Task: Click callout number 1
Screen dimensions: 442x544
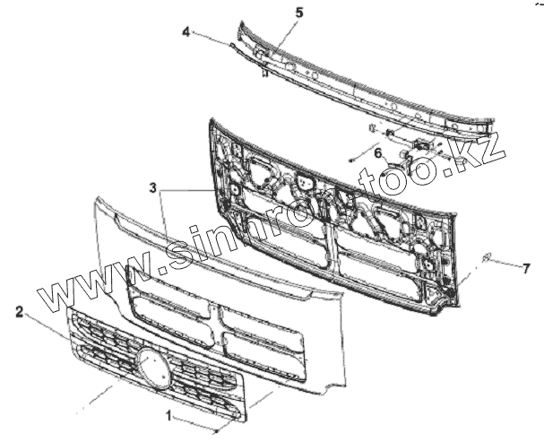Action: tap(168, 415)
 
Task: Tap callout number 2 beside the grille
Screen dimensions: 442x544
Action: tap(19, 312)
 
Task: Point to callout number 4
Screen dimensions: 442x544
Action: tap(186, 31)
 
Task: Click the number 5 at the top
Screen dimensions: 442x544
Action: tap(298, 13)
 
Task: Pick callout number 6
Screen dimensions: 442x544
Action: tap(377, 153)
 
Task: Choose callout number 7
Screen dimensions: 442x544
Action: tap(527, 266)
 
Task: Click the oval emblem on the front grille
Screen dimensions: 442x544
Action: tap(153, 368)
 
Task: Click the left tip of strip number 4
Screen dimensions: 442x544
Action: tap(231, 44)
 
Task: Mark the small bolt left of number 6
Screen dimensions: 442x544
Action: tap(352, 160)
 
